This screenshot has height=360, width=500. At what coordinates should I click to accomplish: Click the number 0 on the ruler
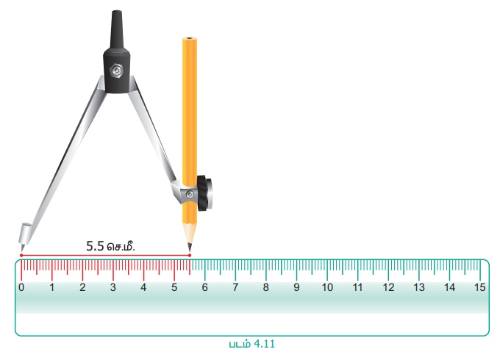21,287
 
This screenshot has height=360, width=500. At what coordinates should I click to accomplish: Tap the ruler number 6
204,287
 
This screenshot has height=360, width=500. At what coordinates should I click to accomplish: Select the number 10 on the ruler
327,287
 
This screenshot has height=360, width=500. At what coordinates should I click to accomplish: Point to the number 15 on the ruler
480,287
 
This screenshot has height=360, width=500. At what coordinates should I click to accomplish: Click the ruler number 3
113,287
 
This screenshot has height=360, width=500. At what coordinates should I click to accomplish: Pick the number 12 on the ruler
388,287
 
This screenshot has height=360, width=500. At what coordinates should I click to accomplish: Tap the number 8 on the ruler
266,287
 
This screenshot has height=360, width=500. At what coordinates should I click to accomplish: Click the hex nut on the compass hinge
116,70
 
